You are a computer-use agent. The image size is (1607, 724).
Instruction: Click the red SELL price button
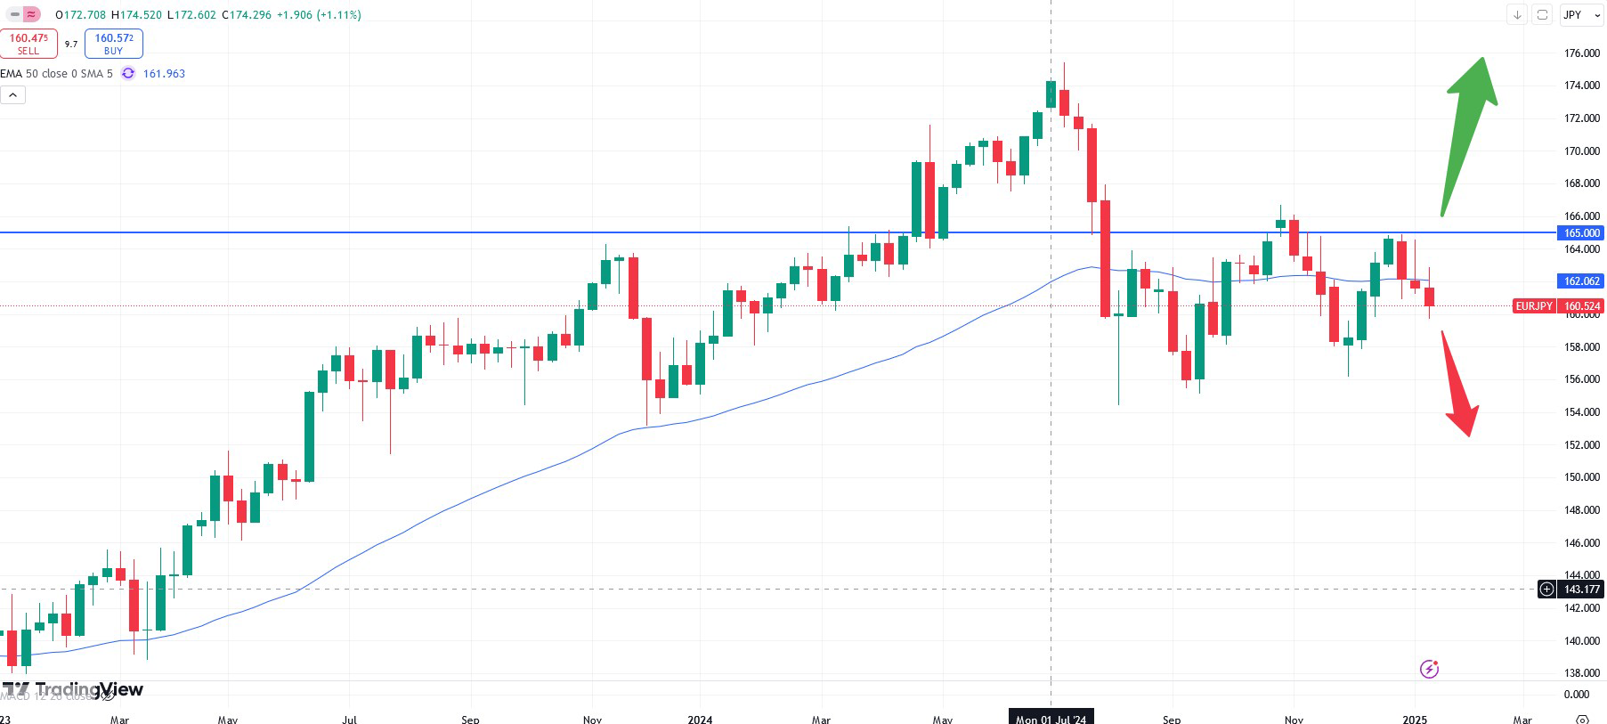pyautogui.click(x=28, y=44)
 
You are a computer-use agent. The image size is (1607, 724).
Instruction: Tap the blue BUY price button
pyautogui.click(x=114, y=44)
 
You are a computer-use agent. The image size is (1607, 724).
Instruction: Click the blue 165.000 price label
pyautogui.click(x=1581, y=233)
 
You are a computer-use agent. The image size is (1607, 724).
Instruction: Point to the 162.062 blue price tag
pyautogui.click(x=1581, y=281)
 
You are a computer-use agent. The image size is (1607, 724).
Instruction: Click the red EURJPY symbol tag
pyautogui.click(x=1534, y=306)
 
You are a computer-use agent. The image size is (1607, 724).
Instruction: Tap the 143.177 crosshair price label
pyautogui.click(x=1581, y=590)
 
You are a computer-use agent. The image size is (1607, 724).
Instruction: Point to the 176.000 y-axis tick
pyautogui.click(x=1581, y=53)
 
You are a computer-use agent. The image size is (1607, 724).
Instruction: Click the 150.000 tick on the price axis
pyautogui.click(x=1581, y=477)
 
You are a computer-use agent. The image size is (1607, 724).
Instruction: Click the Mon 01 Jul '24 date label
pyautogui.click(x=1051, y=719)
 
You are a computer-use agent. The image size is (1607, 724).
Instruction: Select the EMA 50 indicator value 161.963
pyautogui.click(x=164, y=74)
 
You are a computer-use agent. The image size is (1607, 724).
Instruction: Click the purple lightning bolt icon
pyautogui.click(x=1429, y=669)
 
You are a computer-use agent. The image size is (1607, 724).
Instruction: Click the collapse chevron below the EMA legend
pyautogui.click(x=12, y=95)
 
